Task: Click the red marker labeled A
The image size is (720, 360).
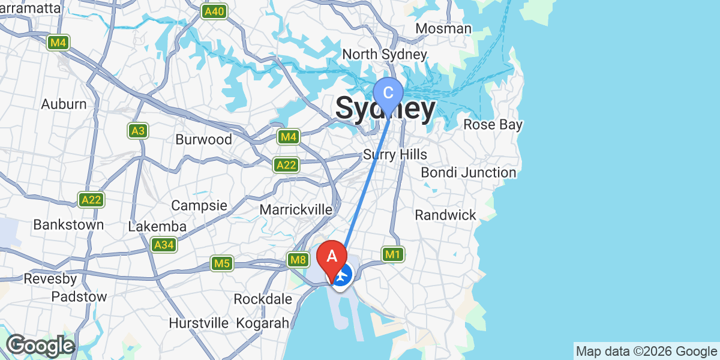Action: (x=331, y=256)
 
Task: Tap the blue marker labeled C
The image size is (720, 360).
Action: (x=388, y=94)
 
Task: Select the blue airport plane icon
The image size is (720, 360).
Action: (x=342, y=277)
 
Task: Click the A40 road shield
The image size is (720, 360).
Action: (x=214, y=11)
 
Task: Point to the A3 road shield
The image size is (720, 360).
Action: (x=138, y=130)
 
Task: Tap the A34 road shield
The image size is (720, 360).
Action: (x=164, y=245)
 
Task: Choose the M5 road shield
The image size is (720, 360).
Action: (x=222, y=263)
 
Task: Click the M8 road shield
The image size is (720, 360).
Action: (x=298, y=260)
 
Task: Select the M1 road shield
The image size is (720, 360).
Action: (x=392, y=254)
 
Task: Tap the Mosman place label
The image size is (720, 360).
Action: (x=443, y=29)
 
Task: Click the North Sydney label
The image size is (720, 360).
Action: (x=385, y=55)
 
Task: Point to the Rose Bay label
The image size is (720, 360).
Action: (x=493, y=125)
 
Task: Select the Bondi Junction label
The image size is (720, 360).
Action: (x=468, y=173)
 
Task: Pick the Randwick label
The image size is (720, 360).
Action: (x=445, y=215)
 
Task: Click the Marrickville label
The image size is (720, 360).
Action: (x=296, y=210)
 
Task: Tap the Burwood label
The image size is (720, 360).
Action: (x=203, y=140)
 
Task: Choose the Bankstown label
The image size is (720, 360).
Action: (x=68, y=225)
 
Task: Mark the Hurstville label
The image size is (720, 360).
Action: (x=199, y=323)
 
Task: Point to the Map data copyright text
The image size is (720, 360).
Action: (x=646, y=351)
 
